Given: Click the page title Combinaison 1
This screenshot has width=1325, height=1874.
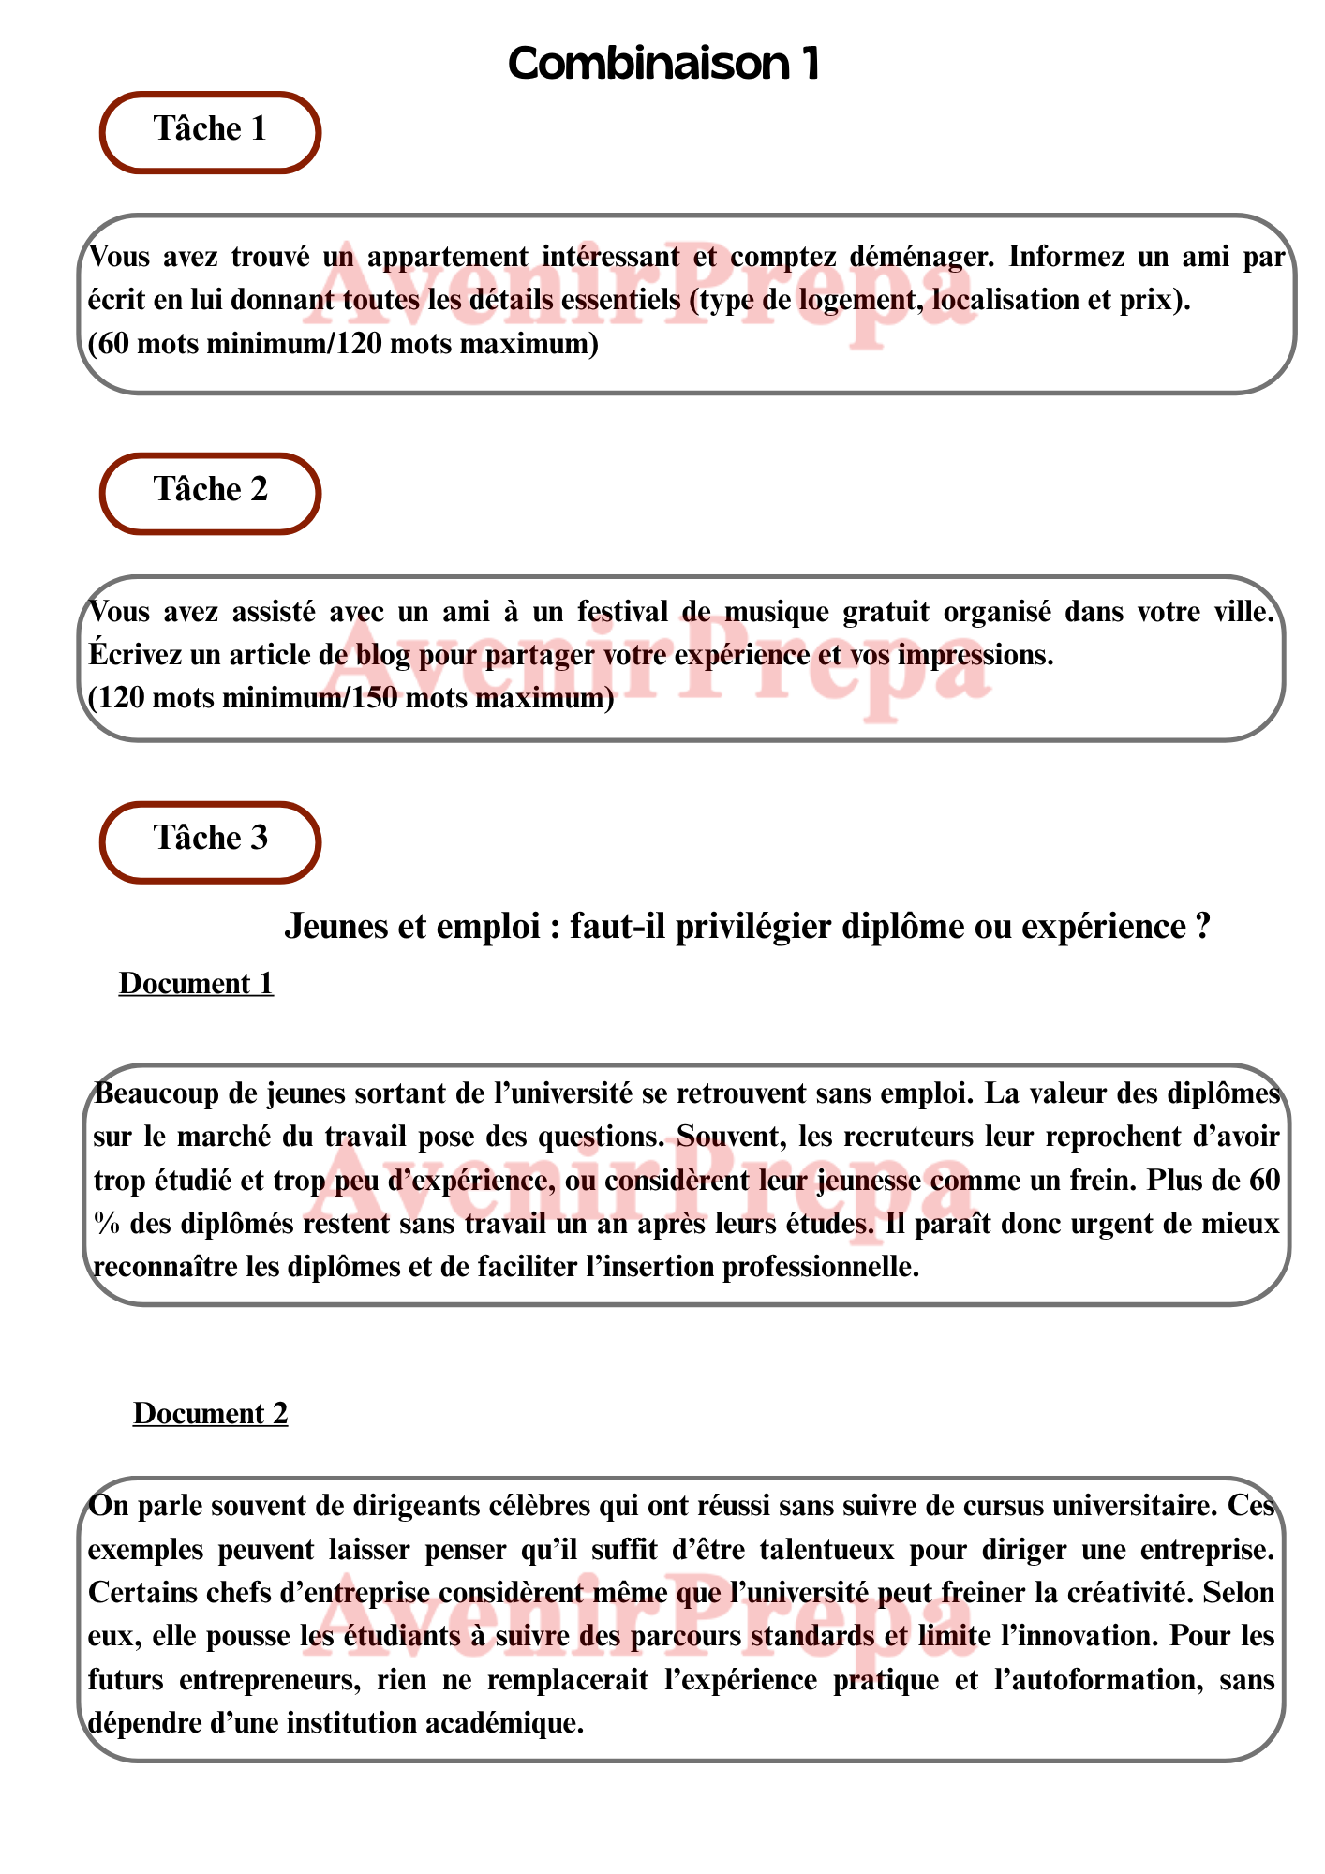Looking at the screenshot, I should (x=663, y=64).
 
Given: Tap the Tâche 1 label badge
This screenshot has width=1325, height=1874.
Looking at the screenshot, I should (x=210, y=130).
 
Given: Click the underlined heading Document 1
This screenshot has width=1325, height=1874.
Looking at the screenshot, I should (x=196, y=984).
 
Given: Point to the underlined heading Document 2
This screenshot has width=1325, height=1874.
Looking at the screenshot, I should (x=210, y=1413).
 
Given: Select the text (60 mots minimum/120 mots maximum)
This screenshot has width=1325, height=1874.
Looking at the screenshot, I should (x=343, y=344).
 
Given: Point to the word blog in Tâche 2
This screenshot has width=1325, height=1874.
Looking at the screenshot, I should (x=382, y=655).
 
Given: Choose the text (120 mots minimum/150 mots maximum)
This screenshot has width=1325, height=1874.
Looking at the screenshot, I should (x=350, y=698).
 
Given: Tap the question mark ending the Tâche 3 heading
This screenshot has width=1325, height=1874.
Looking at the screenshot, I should (x=1202, y=928).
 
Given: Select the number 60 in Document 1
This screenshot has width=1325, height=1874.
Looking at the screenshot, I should (x=1264, y=1180).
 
